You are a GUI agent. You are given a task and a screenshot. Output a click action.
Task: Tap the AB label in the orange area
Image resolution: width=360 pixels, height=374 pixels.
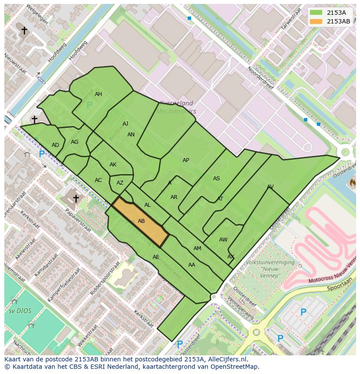coord(141,221)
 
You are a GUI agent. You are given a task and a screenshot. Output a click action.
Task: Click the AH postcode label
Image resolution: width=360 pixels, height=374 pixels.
coord(98,94)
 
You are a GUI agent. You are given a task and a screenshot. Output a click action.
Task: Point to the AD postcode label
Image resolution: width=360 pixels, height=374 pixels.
coord(55,145)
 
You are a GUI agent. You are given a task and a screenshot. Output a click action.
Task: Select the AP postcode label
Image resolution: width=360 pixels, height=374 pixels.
coord(186,160)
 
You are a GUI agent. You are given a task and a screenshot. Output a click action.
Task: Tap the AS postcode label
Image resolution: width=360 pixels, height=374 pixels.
coord(216,179)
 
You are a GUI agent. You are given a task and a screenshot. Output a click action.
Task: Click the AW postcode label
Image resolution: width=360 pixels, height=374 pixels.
coord(223,240)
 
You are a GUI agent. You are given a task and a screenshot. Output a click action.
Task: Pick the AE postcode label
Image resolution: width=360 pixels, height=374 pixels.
coord(156,257)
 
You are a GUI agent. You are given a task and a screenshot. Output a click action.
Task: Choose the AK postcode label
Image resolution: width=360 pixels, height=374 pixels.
coord(113,165)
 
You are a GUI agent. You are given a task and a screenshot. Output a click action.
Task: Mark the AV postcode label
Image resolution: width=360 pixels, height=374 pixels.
coord(270,187)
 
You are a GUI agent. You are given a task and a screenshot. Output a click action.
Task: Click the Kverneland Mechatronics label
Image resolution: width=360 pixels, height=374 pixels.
coord(176,107)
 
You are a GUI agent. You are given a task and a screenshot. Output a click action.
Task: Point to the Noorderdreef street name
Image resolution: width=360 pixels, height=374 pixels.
coord(261,81)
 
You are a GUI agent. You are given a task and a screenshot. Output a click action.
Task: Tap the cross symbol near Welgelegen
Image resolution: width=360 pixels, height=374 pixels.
coord(24,30)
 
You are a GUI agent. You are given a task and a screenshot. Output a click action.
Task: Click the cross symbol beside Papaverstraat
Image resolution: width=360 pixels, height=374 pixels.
coord(76,199)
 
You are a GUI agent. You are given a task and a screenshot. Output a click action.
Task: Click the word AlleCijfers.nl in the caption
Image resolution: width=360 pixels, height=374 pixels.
coord(227,359)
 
